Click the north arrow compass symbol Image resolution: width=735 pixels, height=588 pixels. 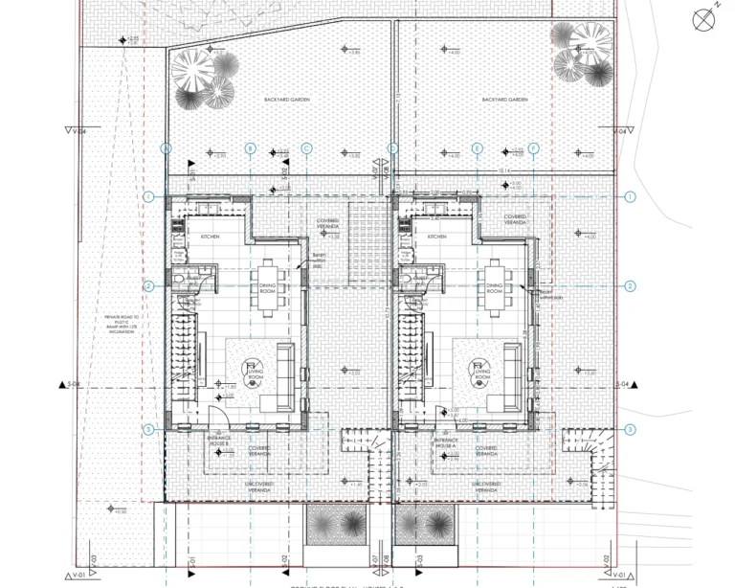[704, 18]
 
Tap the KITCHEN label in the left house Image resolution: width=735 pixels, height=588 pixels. [210, 236]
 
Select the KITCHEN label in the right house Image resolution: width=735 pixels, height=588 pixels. [437, 236]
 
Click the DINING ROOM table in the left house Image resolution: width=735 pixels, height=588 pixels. [267, 284]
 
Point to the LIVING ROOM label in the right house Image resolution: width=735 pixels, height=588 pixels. [482, 373]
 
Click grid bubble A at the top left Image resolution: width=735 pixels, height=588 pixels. [166, 148]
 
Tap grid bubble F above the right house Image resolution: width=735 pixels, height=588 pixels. [533, 148]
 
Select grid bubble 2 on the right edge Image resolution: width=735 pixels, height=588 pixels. [631, 286]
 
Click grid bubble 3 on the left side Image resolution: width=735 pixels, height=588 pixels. [148, 430]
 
